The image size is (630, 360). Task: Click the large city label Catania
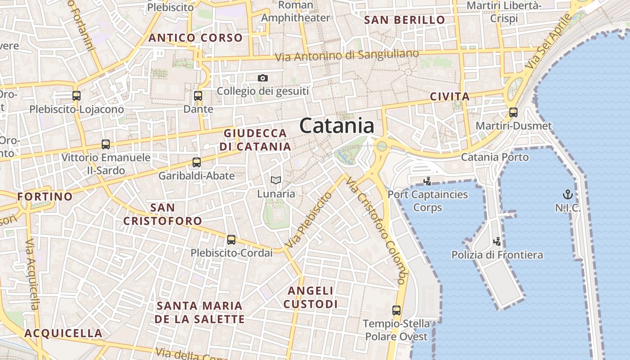337,126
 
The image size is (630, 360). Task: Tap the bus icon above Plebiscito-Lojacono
76,96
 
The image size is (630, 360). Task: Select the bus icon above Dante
198,96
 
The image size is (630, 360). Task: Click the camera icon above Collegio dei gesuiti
263,78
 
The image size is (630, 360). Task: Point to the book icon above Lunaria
276,180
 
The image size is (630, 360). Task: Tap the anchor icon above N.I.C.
568,195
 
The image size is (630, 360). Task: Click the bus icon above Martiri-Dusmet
513,112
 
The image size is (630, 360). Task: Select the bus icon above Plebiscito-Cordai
231,240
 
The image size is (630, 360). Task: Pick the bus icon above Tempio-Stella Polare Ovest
396,310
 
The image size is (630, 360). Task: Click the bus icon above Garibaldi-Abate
197,162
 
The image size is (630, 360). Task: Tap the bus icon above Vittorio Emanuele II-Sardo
106,144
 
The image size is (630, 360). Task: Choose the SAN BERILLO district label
405,20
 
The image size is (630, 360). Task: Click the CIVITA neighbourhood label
450,97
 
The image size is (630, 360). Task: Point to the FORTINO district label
45,197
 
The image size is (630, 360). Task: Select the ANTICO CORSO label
196,38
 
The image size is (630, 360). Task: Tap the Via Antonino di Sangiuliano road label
346,56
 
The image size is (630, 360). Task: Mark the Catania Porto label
495,157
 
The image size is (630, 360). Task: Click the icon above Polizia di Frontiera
497,242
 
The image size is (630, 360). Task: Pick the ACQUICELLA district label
63,333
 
